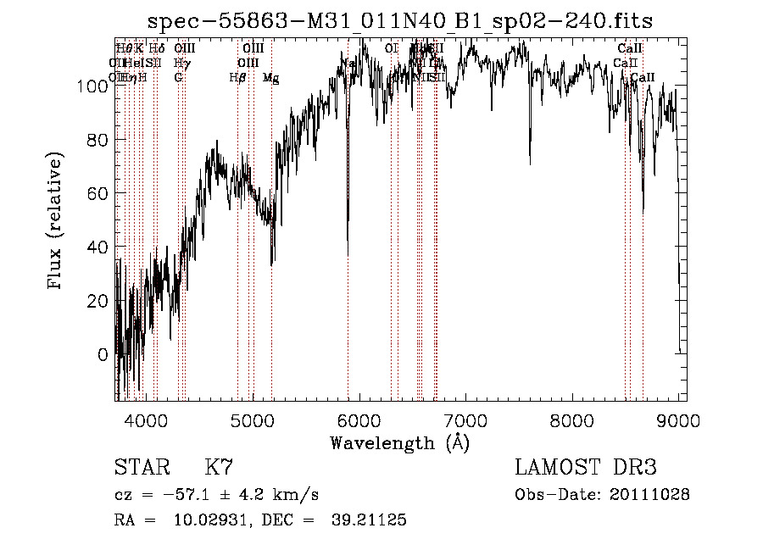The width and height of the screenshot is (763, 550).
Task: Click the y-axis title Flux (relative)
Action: coord(57,222)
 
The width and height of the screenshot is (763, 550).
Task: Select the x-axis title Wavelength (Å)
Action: coord(400,442)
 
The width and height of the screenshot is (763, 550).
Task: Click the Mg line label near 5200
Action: coord(271,78)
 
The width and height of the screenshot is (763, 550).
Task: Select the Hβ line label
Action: coord(237,78)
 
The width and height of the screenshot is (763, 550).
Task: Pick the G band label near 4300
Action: coord(178,78)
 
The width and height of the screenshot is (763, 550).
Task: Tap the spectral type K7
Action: coord(219,468)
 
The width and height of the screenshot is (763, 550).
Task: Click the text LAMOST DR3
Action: coord(586,468)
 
